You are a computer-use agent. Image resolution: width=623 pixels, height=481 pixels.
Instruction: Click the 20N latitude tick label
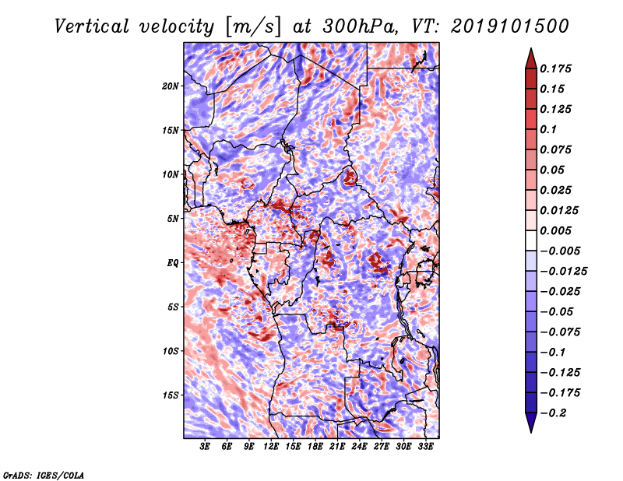tap(171, 86)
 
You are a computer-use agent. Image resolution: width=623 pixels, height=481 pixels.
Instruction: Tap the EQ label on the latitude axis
tap(173, 262)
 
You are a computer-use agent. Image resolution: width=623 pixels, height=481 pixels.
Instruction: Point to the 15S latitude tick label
tap(171, 395)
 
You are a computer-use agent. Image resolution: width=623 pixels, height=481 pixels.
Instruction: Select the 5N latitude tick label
tap(173, 219)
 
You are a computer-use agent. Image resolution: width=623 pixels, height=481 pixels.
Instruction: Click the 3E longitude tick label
tap(205, 447)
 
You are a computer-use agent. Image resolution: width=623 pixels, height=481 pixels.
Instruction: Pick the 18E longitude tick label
tap(315, 447)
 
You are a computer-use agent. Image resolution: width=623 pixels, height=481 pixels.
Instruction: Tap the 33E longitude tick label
tap(425, 447)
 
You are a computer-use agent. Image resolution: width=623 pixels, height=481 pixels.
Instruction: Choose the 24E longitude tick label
tap(359, 447)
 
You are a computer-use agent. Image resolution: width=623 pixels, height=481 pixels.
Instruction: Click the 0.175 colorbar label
tap(555, 68)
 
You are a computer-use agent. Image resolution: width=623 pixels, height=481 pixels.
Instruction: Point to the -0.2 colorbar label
tap(553, 413)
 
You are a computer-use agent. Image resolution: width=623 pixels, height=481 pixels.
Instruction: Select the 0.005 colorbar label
tap(555, 230)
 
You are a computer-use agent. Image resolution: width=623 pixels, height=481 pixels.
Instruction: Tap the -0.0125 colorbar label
tap(563, 272)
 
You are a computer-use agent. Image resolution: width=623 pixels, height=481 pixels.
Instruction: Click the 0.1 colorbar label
tap(548, 129)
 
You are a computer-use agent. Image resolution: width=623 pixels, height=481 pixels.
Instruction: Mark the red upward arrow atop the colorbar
tap(531, 58)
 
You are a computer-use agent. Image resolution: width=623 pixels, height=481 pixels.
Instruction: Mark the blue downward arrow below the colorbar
tap(531, 423)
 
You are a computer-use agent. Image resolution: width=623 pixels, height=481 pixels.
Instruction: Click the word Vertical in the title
tap(91, 26)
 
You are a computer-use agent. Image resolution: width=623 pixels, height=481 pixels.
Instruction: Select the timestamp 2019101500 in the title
tap(510, 26)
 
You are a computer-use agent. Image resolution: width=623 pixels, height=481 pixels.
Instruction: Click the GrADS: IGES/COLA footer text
tap(44, 475)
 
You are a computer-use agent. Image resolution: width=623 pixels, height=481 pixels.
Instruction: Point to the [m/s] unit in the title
tap(253, 26)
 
